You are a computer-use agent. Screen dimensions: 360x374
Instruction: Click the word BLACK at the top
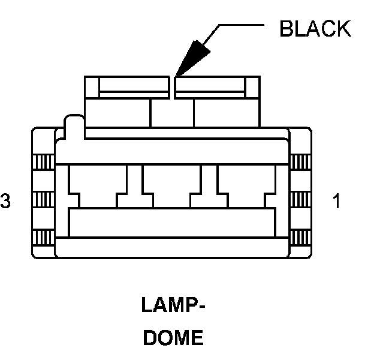point(315,28)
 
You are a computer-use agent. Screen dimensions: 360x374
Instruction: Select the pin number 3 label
point(5,202)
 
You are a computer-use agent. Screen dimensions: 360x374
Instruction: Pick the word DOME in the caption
point(173,338)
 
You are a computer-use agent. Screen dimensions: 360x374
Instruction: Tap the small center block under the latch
point(172,113)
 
